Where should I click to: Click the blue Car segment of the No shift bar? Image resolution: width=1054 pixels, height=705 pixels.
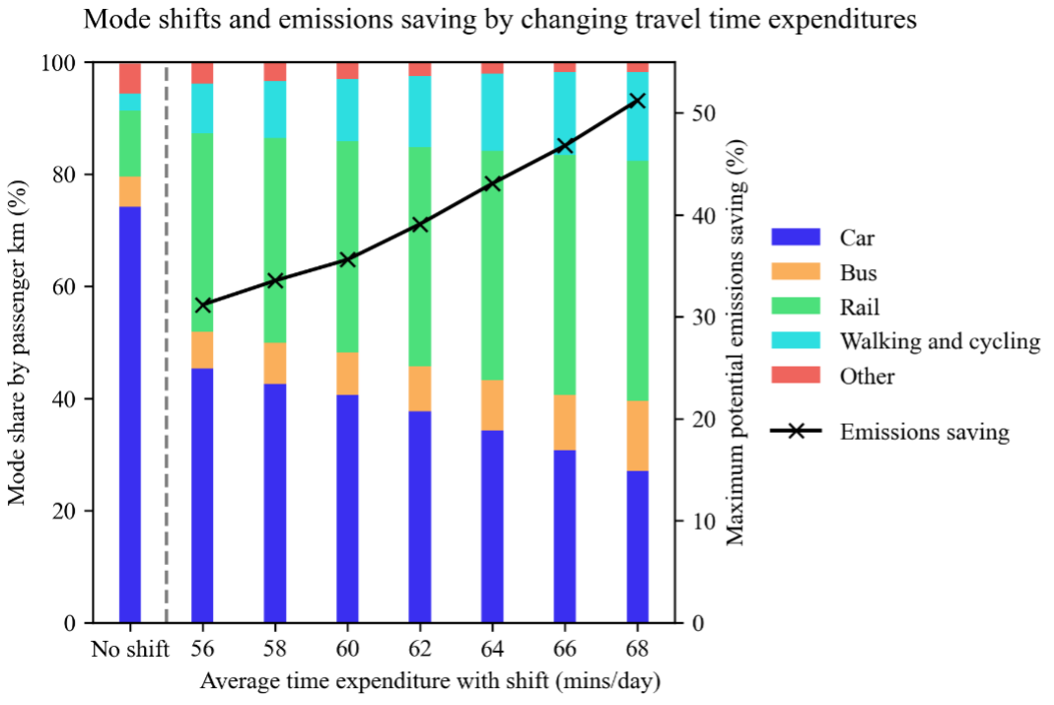130,414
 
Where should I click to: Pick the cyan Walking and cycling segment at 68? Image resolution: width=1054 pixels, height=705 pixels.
637,116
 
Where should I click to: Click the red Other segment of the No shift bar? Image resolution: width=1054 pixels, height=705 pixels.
130,78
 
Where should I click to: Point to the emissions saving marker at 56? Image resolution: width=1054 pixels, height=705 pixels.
203,306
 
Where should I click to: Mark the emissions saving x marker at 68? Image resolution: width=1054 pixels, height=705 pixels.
637,101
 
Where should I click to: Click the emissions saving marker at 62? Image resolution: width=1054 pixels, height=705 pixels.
420,225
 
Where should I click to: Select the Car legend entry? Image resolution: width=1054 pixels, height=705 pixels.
856,237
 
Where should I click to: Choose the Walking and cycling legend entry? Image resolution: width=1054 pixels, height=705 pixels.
940,341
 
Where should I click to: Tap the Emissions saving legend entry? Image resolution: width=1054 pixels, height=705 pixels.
924,432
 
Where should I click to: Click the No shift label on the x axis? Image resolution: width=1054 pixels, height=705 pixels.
130,649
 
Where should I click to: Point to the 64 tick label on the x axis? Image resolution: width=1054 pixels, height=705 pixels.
492,649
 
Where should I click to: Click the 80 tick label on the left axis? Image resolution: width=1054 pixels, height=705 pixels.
71,176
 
